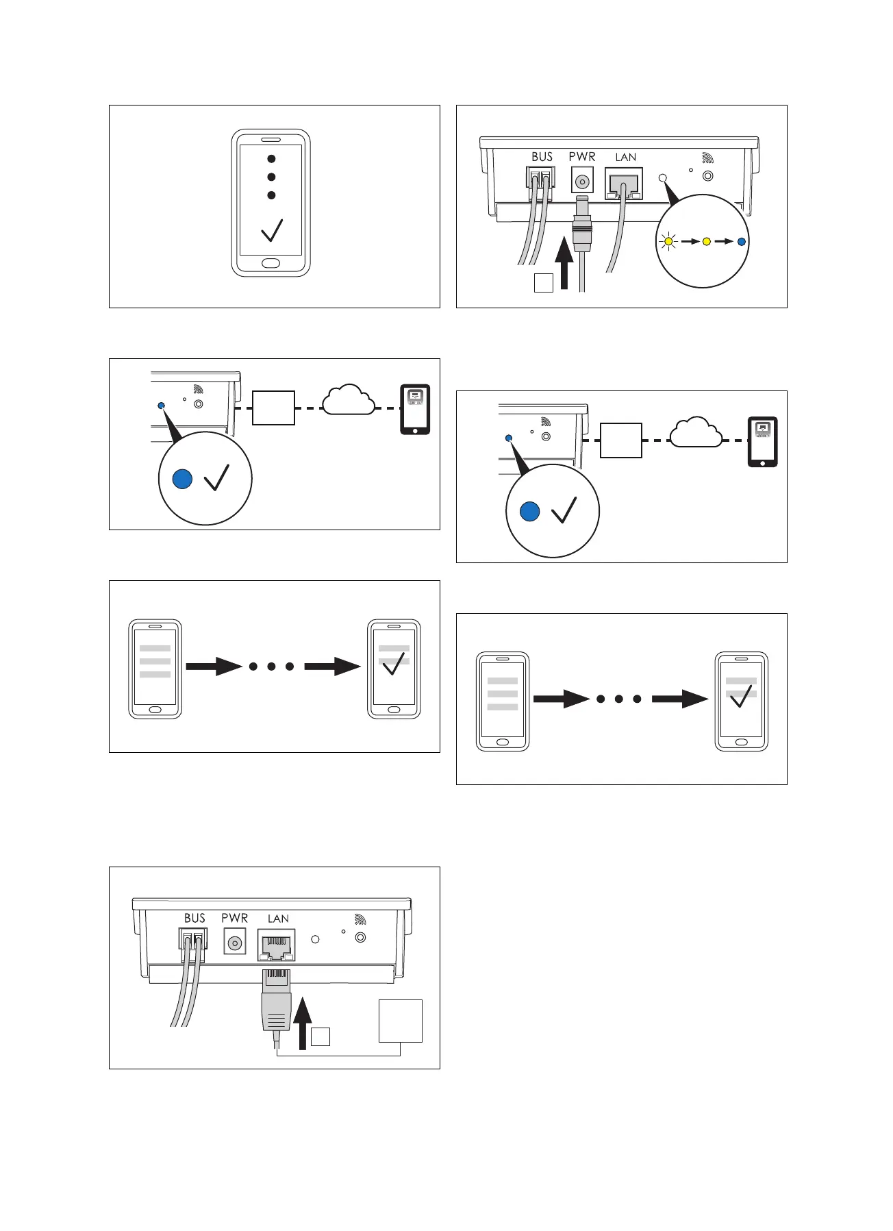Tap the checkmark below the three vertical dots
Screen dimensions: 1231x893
[272, 230]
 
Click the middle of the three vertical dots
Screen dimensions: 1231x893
[271, 177]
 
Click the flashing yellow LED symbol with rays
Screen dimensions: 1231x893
[668, 241]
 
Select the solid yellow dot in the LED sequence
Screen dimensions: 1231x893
[707, 241]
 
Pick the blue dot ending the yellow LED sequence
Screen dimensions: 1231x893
[741, 241]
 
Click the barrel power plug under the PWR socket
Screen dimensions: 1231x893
[582, 223]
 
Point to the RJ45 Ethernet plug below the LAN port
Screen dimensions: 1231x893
[276, 1000]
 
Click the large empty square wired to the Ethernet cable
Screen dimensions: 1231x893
[401, 1021]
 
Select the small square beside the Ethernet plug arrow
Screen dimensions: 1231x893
[320, 1036]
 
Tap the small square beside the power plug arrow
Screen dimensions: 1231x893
[543, 282]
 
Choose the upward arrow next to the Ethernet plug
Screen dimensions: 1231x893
[301, 1024]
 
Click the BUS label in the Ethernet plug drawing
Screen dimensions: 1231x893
[194, 918]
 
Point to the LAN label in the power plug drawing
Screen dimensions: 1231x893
[625, 157]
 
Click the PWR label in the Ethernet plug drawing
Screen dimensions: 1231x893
[234, 918]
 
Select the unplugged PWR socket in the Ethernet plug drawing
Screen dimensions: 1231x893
[235, 943]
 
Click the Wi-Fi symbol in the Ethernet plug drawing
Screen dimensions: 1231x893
[360, 919]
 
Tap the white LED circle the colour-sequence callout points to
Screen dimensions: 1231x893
[662, 178]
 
